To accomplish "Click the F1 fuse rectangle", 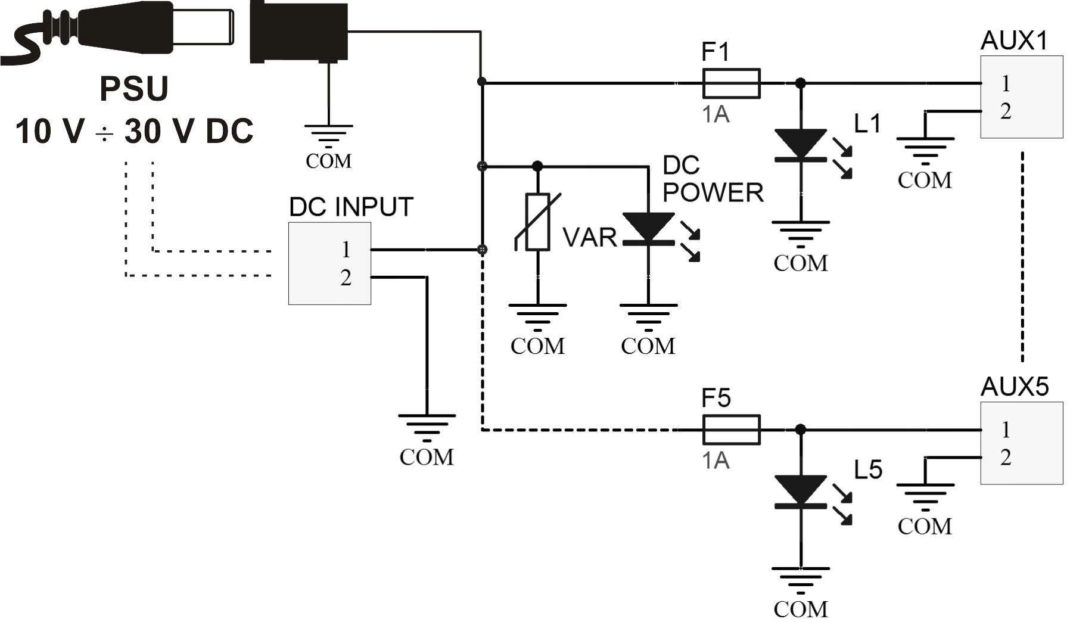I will (731, 83).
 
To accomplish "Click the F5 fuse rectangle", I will (731, 430).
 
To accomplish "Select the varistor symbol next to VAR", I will (537, 222).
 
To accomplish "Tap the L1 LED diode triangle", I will (800, 144).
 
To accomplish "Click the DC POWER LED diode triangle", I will (648, 227).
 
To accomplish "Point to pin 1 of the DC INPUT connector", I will (346, 250).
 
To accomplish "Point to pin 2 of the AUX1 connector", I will (1006, 111).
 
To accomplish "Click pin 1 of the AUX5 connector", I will (1006, 430).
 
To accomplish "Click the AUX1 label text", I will (1013, 41).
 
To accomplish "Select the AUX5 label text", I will (1014, 387).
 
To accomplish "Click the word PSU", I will (134, 89).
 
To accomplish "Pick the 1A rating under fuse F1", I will (716, 114).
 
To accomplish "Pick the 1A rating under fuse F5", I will (716, 461).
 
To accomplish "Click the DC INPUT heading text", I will (351, 207).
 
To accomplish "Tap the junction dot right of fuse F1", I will (801, 83).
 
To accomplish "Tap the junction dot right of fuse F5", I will (801, 430).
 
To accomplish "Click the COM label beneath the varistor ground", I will (537, 346).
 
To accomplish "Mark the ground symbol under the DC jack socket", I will (328, 135).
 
